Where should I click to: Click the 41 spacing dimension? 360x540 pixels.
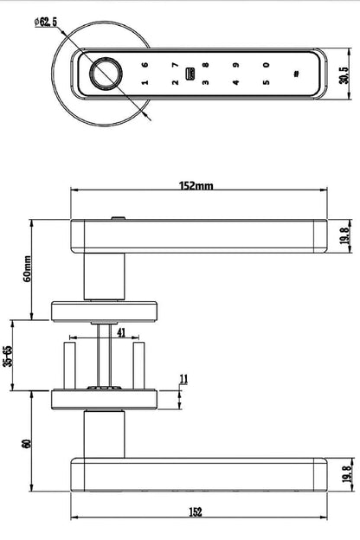pos(120,331)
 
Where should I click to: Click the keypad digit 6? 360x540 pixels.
pos(145,65)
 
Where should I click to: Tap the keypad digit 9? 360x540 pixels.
pos(235,65)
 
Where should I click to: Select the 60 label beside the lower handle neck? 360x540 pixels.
pos(28,443)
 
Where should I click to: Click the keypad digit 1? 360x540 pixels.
pos(145,84)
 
